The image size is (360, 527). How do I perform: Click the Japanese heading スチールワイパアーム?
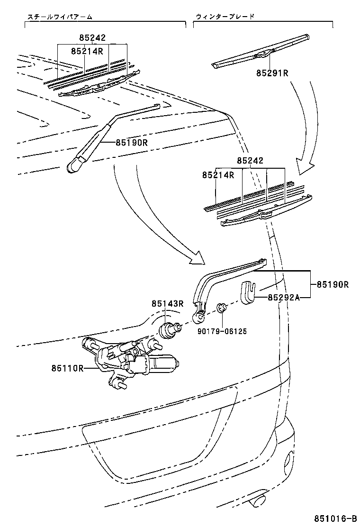59,17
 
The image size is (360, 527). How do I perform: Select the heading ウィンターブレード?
225,17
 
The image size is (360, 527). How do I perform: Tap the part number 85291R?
272,73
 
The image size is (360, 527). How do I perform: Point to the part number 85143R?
167,303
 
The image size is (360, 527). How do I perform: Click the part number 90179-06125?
223,331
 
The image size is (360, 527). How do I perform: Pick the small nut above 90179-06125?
221,309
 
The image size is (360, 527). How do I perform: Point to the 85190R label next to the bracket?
333,285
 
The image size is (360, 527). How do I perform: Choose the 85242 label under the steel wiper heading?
92,38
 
